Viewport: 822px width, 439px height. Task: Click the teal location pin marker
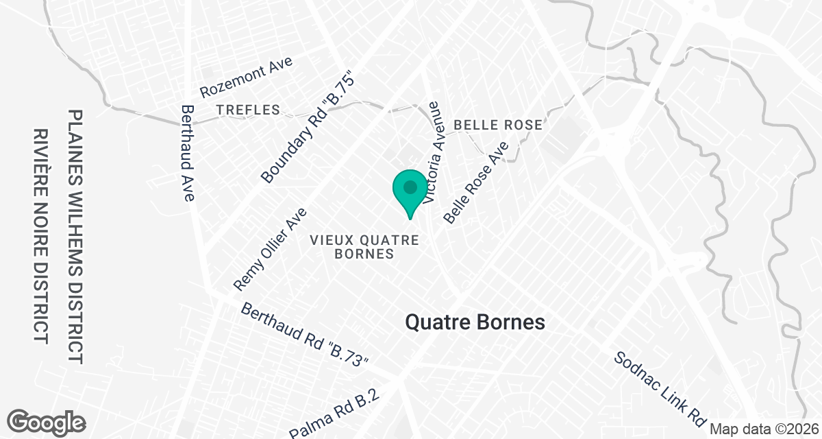[x=410, y=193]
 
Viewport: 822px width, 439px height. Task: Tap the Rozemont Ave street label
[x=246, y=77]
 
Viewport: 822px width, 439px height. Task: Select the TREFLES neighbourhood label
[x=248, y=110]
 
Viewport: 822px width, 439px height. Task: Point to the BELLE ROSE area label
[x=499, y=125]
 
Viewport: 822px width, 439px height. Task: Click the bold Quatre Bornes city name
[x=475, y=322]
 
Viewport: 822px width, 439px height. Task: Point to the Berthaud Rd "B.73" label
[x=305, y=335]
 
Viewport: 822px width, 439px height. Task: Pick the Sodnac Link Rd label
[x=660, y=388]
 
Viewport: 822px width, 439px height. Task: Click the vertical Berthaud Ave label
[x=187, y=153]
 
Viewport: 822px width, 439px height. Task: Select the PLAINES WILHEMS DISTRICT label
[x=75, y=237]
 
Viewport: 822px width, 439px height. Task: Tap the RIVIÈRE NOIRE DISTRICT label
[x=41, y=237]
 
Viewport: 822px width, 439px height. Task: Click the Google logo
[x=47, y=421]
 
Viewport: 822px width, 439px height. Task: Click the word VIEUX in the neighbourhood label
[x=329, y=240]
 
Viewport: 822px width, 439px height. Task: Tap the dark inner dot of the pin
[x=410, y=187]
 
